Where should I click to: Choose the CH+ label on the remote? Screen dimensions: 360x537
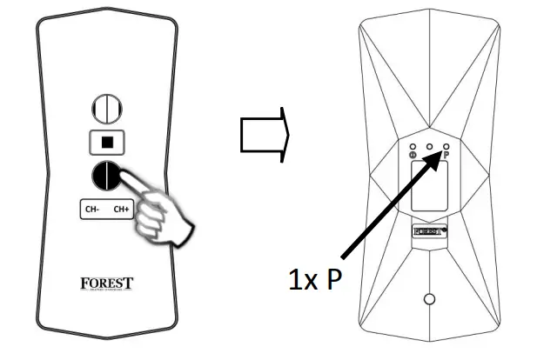tap(119, 210)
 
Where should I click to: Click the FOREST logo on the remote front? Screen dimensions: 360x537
tap(106, 283)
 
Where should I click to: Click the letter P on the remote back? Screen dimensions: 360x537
tap(446, 155)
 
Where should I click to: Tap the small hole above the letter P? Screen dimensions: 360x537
tap(446, 146)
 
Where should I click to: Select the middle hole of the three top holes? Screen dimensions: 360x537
tap(429, 146)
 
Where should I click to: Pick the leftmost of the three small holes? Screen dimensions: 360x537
tap(412, 146)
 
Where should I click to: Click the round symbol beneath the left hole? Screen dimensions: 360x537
tap(412, 156)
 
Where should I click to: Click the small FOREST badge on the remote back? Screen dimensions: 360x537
tap(429, 232)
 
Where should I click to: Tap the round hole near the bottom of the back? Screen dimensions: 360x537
tap(428, 299)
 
